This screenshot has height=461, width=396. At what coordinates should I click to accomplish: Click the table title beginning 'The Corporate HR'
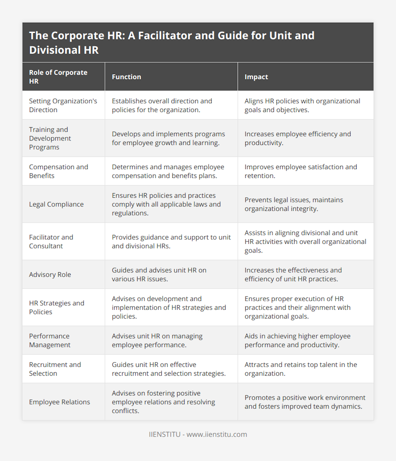pyautogui.click(x=172, y=43)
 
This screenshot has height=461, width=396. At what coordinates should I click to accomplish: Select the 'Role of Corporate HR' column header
pyautogui.click(x=58, y=77)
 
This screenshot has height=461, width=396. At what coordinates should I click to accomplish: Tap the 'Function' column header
pyautogui.click(x=126, y=77)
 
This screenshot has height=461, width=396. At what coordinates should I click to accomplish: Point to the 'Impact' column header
pyautogui.click(x=256, y=77)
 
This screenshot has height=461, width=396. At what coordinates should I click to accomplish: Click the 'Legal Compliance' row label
pyautogui.click(x=56, y=204)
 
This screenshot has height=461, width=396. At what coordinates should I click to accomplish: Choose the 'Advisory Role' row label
pyautogui.click(x=50, y=274)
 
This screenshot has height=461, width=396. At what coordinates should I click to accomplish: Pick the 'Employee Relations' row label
pyautogui.click(x=59, y=402)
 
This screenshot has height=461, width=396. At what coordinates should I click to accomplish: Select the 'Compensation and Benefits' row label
pyautogui.click(x=58, y=171)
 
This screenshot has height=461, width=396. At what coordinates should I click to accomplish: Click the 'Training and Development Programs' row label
pyautogui.click(x=50, y=138)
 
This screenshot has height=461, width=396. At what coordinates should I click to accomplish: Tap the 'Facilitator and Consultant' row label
pyautogui.click(x=51, y=242)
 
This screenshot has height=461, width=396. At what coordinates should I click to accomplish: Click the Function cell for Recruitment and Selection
pyautogui.click(x=169, y=369)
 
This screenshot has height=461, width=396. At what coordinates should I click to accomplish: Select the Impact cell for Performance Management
pyautogui.click(x=297, y=340)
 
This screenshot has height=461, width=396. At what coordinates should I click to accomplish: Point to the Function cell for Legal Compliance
pyautogui.click(x=166, y=204)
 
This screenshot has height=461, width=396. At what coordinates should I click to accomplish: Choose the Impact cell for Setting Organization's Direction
pyautogui.click(x=302, y=105)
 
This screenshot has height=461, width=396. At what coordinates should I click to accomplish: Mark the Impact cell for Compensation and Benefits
pyautogui.click(x=301, y=171)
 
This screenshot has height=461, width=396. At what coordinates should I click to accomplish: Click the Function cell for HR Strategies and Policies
pyautogui.click(x=169, y=307)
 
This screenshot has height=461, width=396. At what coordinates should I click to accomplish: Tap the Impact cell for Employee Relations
pyautogui.click(x=305, y=402)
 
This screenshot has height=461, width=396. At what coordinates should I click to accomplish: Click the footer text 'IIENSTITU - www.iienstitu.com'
pyautogui.click(x=198, y=434)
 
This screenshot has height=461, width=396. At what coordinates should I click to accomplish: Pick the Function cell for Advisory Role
pyautogui.click(x=159, y=274)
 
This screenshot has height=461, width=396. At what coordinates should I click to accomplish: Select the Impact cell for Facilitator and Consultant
pyautogui.click(x=305, y=242)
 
